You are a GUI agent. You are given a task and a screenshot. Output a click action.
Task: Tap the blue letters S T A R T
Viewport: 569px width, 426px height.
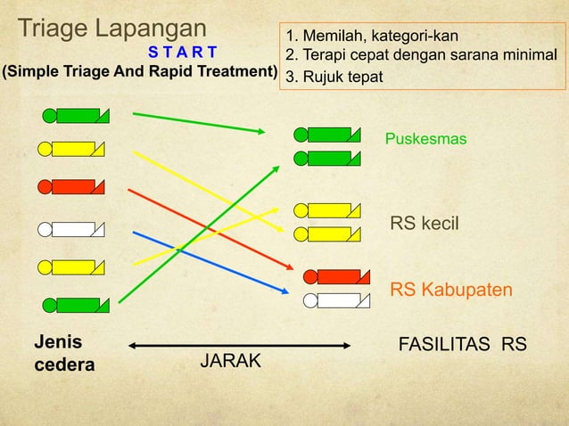tap(182, 50)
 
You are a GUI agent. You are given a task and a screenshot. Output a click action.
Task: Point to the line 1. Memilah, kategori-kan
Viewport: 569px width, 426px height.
tap(372, 36)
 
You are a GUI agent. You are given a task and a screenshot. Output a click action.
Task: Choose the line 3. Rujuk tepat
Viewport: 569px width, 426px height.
tap(334, 78)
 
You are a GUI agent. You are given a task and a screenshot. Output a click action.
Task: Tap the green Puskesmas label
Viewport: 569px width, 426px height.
tap(425, 140)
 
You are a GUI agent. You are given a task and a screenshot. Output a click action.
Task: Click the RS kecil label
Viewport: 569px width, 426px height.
tap(425, 223)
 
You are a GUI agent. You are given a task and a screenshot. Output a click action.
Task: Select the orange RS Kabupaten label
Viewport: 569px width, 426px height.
tap(450, 291)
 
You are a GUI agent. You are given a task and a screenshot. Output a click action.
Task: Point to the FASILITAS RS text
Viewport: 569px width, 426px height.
tap(462, 344)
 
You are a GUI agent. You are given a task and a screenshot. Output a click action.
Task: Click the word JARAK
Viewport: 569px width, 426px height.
tap(230, 361)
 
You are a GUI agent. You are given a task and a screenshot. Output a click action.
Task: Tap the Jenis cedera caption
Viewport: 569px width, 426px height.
tap(64, 353)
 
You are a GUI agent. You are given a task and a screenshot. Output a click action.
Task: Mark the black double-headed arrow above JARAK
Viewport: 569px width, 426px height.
tap(240, 345)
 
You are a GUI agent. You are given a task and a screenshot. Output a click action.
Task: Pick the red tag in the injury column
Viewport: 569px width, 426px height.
tap(71, 187)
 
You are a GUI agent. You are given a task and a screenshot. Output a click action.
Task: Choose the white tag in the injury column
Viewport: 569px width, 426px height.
tap(71, 228)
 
